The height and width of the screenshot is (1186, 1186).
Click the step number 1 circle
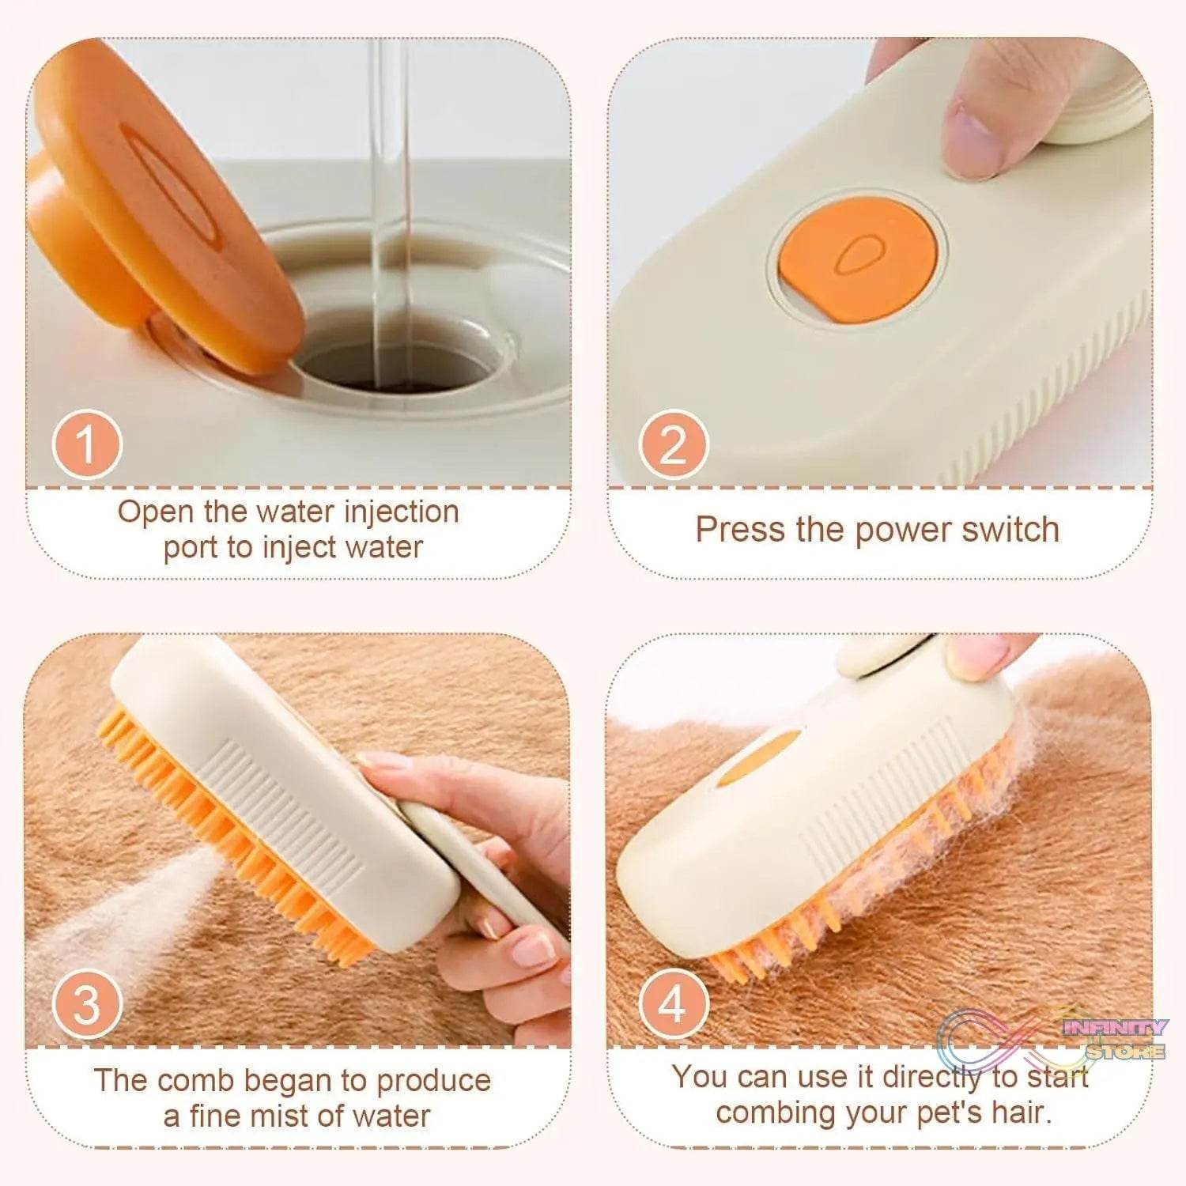[x=87, y=444]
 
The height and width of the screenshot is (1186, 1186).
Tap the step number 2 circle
[x=674, y=444]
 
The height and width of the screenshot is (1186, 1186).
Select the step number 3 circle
[x=87, y=1004]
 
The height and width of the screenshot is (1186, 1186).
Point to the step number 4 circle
[x=674, y=1004]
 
